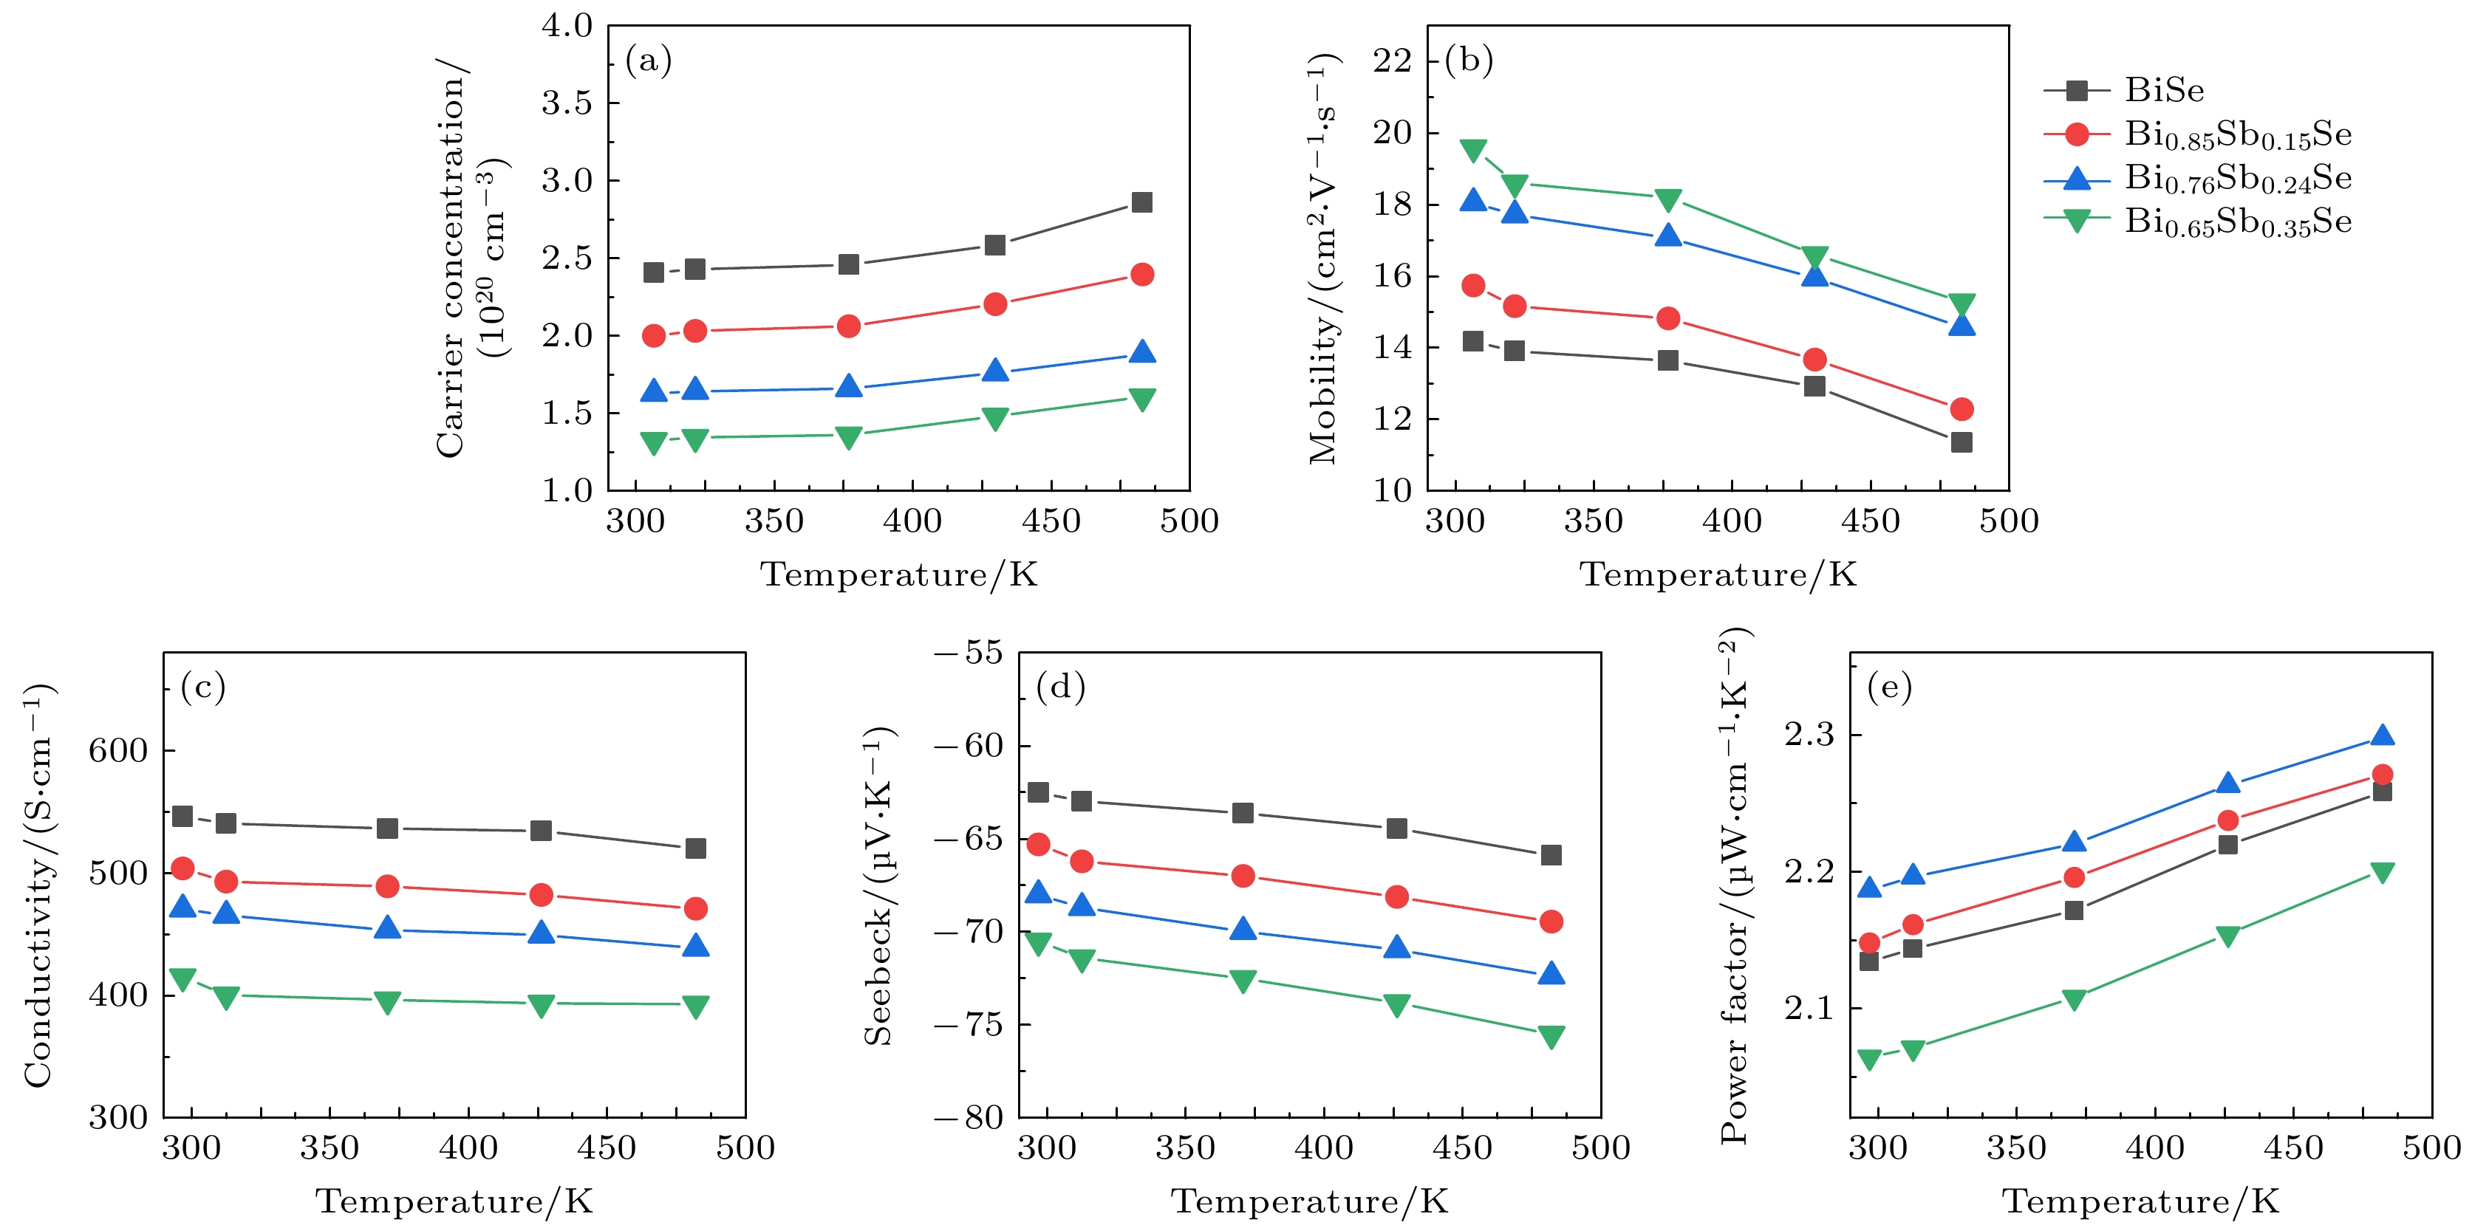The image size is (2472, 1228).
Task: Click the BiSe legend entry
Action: pyautogui.click(x=2164, y=90)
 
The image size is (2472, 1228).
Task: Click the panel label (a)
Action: pyautogui.click(x=649, y=61)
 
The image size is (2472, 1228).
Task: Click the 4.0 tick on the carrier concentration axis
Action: pyautogui.click(x=567, y=26)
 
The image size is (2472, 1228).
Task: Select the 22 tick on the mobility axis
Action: pyautogui.click(x=1393, y=61)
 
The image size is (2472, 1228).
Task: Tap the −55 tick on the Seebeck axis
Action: pyautogui.click(x=969, y=654)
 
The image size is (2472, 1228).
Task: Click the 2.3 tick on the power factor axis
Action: pyautogui.click(x=1808, y=735)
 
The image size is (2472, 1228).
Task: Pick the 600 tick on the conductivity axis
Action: pyautogui.click(x=118, y=750)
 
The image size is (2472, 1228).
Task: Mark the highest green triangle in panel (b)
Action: pyautogui.click(x=1473, y=151)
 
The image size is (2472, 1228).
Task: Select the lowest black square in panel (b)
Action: pyautogui.click(x=1961, y=442)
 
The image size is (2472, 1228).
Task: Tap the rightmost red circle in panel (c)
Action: pyautogui.click(x=696, y=908)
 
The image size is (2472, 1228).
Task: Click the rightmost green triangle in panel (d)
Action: pyautogui.click(x=1551, y=1037)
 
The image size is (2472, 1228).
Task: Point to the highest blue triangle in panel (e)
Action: pyautogui.click(x=2382, y=736)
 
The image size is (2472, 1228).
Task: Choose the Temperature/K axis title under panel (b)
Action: pyautogui.click(x=1718, y=574)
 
